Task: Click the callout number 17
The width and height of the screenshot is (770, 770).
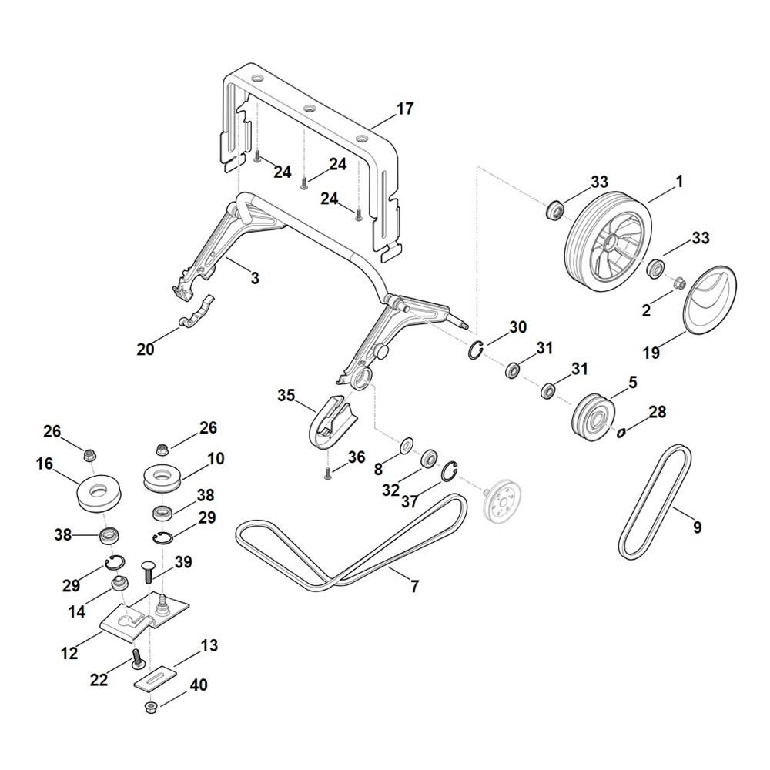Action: point(405,109)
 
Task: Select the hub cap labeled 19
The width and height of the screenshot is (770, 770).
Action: point(708,300)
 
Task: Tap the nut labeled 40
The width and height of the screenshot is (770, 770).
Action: point(150,707)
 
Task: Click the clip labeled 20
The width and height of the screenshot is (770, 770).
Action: point(196,312)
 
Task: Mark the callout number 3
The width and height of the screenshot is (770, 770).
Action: point(254,278)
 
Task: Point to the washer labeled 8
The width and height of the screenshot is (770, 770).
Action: point(406,446)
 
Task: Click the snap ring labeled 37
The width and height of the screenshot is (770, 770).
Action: point(450,472)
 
